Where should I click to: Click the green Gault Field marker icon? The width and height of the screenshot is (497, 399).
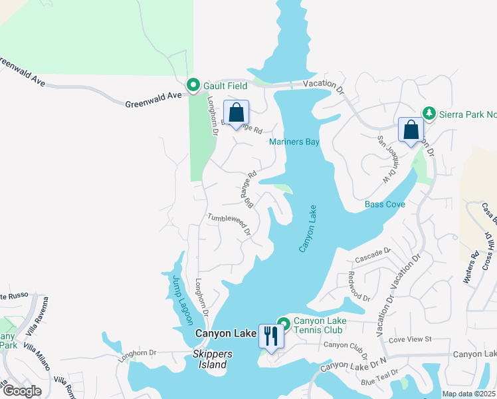pos(193,84)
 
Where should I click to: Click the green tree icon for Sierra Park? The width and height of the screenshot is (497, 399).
pos(429,113)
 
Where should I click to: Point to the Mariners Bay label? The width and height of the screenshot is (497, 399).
pos(294,142)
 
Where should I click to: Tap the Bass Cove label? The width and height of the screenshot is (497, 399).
pos(385,204)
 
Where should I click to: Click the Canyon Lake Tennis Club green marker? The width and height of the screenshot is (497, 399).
pos(284,324)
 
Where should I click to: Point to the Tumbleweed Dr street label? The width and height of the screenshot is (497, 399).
pos(228,224)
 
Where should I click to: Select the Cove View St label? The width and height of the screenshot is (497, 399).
pos(410,340)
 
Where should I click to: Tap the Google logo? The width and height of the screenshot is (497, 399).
pos(22,390)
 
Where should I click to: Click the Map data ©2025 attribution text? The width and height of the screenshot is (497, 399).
pos(468,394)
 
